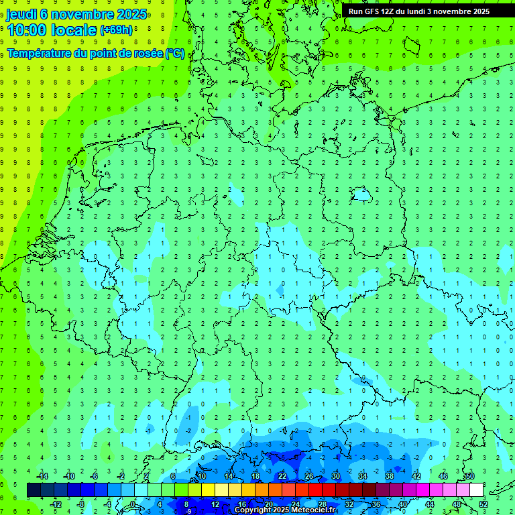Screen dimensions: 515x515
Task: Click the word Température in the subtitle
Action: pyautogui.click(x=40, y=53)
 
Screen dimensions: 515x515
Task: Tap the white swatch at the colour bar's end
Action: pyautogui.click(x=476, y=490)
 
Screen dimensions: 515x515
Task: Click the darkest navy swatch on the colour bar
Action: pyautogui.click(x=34, y=490)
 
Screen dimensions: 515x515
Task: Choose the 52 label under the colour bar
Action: pyautogui.click(x=483, y=504)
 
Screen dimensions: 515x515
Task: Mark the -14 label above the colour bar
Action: pyautogui.click(x=42, y=477)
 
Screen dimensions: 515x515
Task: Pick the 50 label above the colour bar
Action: pyautogui.click(x=469, y=477)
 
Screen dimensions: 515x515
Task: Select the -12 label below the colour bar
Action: pyautogui.click(x=55, y=504)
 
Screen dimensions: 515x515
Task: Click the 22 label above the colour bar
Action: pyautogui.click(x=282, y=477)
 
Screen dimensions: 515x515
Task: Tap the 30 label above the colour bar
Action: pyautogui.click(x=335, y=477)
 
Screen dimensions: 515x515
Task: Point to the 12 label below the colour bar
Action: pyautogui.click(x=215, y=504)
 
